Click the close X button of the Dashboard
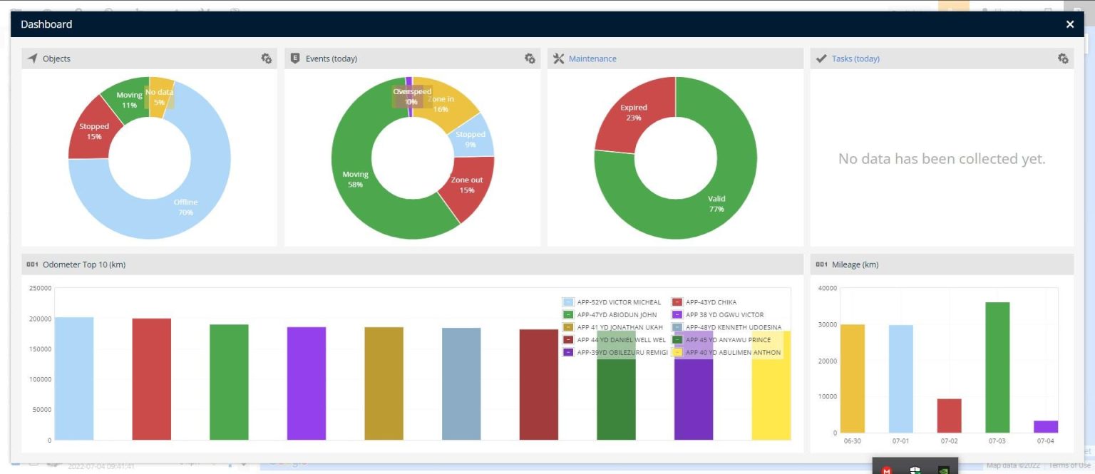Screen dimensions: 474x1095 click(x=1069, y=24)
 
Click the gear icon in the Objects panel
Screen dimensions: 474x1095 click(x=267, y=58)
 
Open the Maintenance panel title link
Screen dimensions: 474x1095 click(x=592, y=58)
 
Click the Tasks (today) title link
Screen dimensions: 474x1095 click(x=855, y=58)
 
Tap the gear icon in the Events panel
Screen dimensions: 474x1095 click(x=530, y=58)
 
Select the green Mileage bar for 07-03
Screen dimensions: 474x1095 click(x=997, y=367)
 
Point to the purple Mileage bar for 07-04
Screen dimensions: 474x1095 click(x=1046, y=426)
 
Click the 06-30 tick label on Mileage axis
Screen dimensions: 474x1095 click(x=852, y=441)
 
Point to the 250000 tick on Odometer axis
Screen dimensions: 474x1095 click(x=40, y=288)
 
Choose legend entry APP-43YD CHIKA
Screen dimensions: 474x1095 click(x=710, y=302)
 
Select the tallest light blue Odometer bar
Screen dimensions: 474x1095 click(x=74, y=378)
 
